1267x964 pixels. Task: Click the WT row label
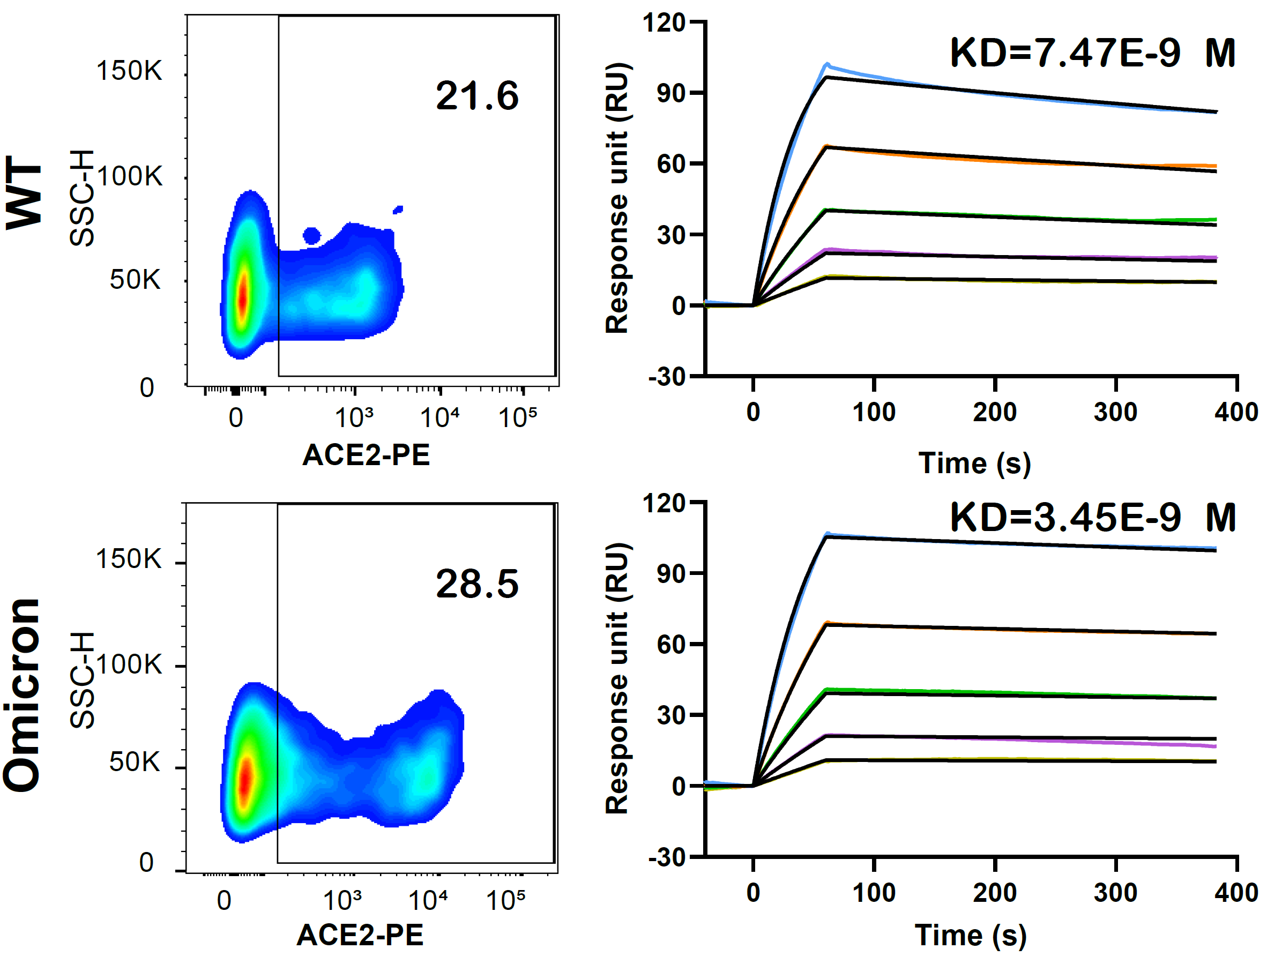point(24,192)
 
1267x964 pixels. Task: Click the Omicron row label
point(23,695)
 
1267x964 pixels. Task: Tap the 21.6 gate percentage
point(477,95)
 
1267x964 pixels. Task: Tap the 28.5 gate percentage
point(477,584)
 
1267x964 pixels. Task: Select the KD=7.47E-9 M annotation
point(1092,53)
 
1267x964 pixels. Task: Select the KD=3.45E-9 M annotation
point(1092,517)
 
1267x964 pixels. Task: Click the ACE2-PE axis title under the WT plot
point(366,455)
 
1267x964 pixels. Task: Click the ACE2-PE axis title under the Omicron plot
point(360,935)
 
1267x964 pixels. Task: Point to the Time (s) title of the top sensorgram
point(974,463)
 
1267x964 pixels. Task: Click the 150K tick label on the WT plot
point(129,71)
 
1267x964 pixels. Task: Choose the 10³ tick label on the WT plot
point(354,418)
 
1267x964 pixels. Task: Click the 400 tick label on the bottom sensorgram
point(1236,893)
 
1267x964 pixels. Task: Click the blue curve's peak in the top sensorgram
point(827,64)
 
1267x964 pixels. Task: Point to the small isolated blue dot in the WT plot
point(311,235)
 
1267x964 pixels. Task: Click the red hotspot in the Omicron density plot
point(245,778)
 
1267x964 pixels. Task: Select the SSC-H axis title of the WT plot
point(81,198)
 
